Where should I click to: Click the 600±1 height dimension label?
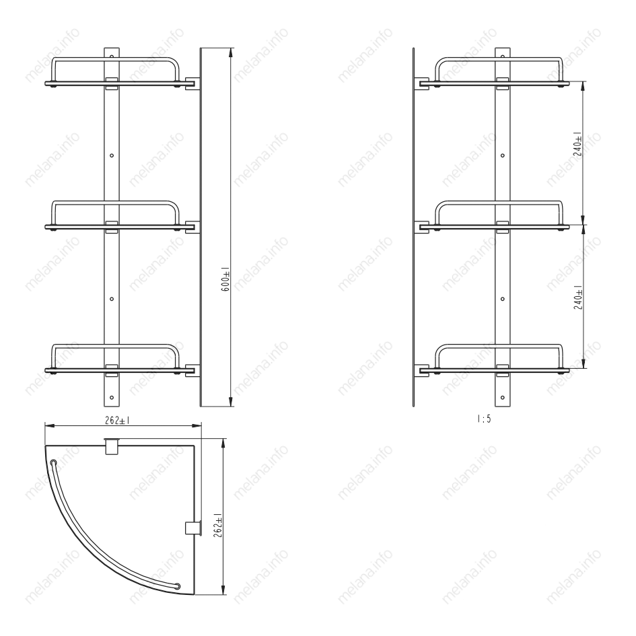(225, 279)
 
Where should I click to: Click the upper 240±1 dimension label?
(577, 143)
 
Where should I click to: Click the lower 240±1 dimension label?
(577, 297)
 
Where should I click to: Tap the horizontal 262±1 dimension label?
(117, 421)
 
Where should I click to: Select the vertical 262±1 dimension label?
(217, 525)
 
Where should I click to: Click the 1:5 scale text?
(484, 419)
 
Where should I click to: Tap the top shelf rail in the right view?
(499, 60)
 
